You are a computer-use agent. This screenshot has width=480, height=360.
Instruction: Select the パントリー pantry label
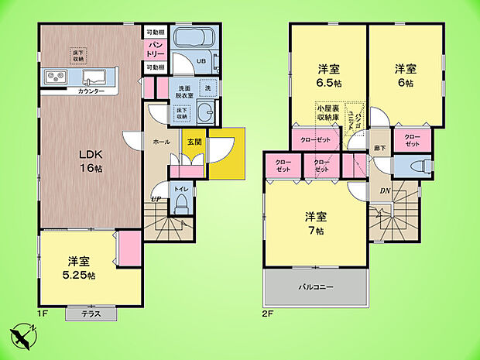(x=154, y=50)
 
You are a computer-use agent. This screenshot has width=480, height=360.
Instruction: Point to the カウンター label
(x=92, y=91)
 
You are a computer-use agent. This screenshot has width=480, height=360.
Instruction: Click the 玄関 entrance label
(x=191, y=142)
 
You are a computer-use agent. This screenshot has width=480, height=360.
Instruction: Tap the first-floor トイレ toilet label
(x=181, y=188)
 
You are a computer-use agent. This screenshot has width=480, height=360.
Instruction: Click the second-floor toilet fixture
(x=411, y=166)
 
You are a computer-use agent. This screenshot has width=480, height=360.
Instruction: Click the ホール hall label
(x=162, y=142)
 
